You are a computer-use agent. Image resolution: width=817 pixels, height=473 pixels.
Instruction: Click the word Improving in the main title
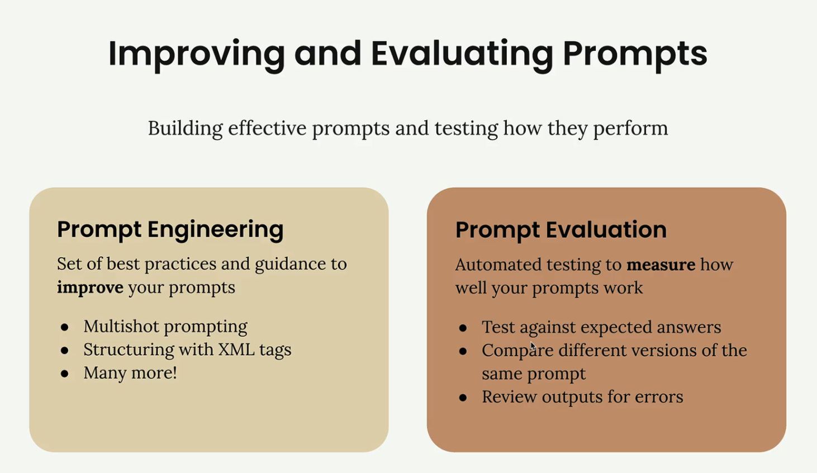[196, 55]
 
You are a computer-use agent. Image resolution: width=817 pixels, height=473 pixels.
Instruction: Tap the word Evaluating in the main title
[462, 55]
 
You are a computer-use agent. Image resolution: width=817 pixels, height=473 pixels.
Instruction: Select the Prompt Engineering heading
[170, 230]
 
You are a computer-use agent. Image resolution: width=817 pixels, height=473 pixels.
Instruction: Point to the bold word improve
[90, 288]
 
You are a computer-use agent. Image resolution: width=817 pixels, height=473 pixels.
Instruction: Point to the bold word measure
[661, 264]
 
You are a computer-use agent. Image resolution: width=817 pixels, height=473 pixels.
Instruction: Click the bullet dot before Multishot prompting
[65, 327]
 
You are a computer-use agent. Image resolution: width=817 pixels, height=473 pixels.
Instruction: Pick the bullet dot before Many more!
[65, 373]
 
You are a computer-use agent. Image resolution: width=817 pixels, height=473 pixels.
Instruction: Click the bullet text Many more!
[130, 373]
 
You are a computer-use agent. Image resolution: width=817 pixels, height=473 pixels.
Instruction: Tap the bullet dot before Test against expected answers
[463, 328]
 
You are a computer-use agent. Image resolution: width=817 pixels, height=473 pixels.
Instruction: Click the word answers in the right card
[689, 328]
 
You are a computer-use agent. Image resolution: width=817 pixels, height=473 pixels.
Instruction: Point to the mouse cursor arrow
[533, 346]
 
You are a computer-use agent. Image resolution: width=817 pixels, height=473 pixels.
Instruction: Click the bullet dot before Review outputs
[463, 398]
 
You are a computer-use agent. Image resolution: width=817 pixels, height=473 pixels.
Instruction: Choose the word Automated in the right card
[498, 264]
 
